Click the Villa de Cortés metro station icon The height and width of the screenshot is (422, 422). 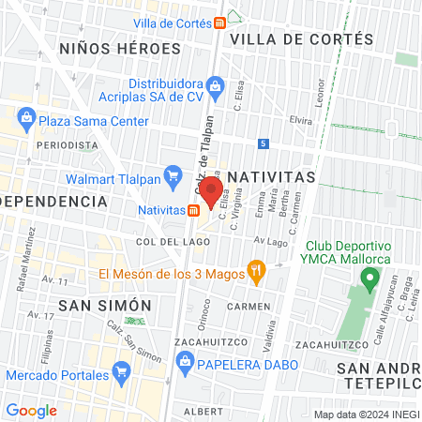[x=219, y=23]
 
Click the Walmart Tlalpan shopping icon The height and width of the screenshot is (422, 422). [x=173, y=175]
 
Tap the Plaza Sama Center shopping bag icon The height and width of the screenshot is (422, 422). [x=25, y=120]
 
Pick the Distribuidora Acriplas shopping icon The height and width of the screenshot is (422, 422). [x=216, y=89]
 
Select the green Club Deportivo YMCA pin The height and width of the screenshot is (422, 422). [x=370, y=279]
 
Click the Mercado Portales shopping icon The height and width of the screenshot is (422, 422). [x=121, y=374]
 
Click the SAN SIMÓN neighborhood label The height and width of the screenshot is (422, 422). [x=104, y=305]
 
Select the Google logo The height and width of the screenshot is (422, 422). [x=31, y=410]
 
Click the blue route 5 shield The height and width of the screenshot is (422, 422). [x=264, y=143]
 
